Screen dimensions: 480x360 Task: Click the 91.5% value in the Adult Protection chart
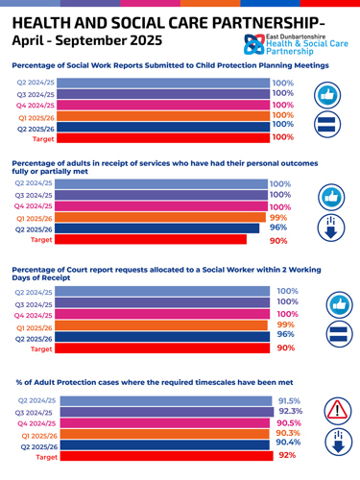point(289,401)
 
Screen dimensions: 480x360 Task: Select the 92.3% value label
point(289,412)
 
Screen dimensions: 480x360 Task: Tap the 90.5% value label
point(289,423)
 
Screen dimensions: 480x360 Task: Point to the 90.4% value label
point(289,443)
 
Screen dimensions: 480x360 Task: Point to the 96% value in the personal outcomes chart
point(277,228)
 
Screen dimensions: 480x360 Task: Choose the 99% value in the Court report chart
point(285,325)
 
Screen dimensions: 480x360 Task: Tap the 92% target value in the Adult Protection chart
point(286,455)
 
